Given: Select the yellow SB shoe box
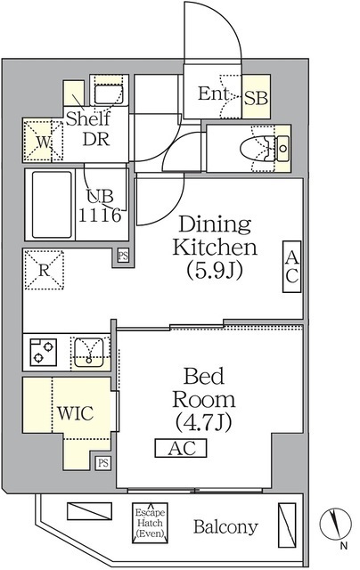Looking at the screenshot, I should click(x=257, y=96).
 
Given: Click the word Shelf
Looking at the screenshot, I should click(x=86, y=119).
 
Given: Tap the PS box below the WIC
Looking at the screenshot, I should click(x=103, y=462).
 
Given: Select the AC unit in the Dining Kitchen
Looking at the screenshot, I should click(x=292, y=265).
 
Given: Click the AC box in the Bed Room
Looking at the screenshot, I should click(x=182, y=449).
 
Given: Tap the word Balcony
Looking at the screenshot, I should click(x=225, y=526).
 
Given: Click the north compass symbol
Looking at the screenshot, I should click(x=337, y=521).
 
